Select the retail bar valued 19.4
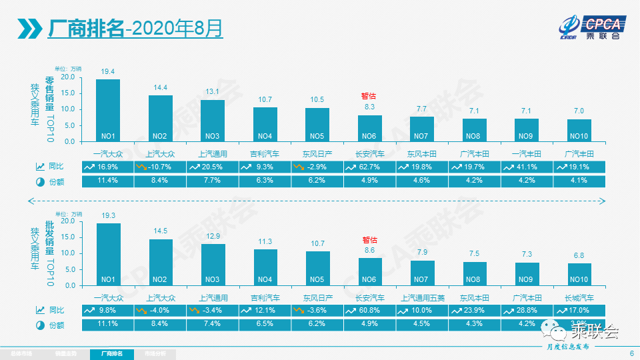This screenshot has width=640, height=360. point(108,110)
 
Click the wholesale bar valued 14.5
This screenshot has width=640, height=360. point(160,262)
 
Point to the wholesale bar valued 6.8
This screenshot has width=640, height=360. point(579,274)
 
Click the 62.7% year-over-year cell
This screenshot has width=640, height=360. point(369,166)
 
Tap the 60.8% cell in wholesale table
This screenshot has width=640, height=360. point(369,310)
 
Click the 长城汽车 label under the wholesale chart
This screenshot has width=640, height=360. point(579,297)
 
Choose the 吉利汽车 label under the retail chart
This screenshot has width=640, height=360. point(265,153)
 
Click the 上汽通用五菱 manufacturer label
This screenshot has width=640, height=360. point(422,297)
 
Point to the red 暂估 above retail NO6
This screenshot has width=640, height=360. point(369,96)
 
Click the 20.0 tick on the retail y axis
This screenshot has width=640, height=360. point(67,77)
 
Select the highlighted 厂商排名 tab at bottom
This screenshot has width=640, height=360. point(111,353)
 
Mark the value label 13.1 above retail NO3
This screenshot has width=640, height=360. point(213,91)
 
